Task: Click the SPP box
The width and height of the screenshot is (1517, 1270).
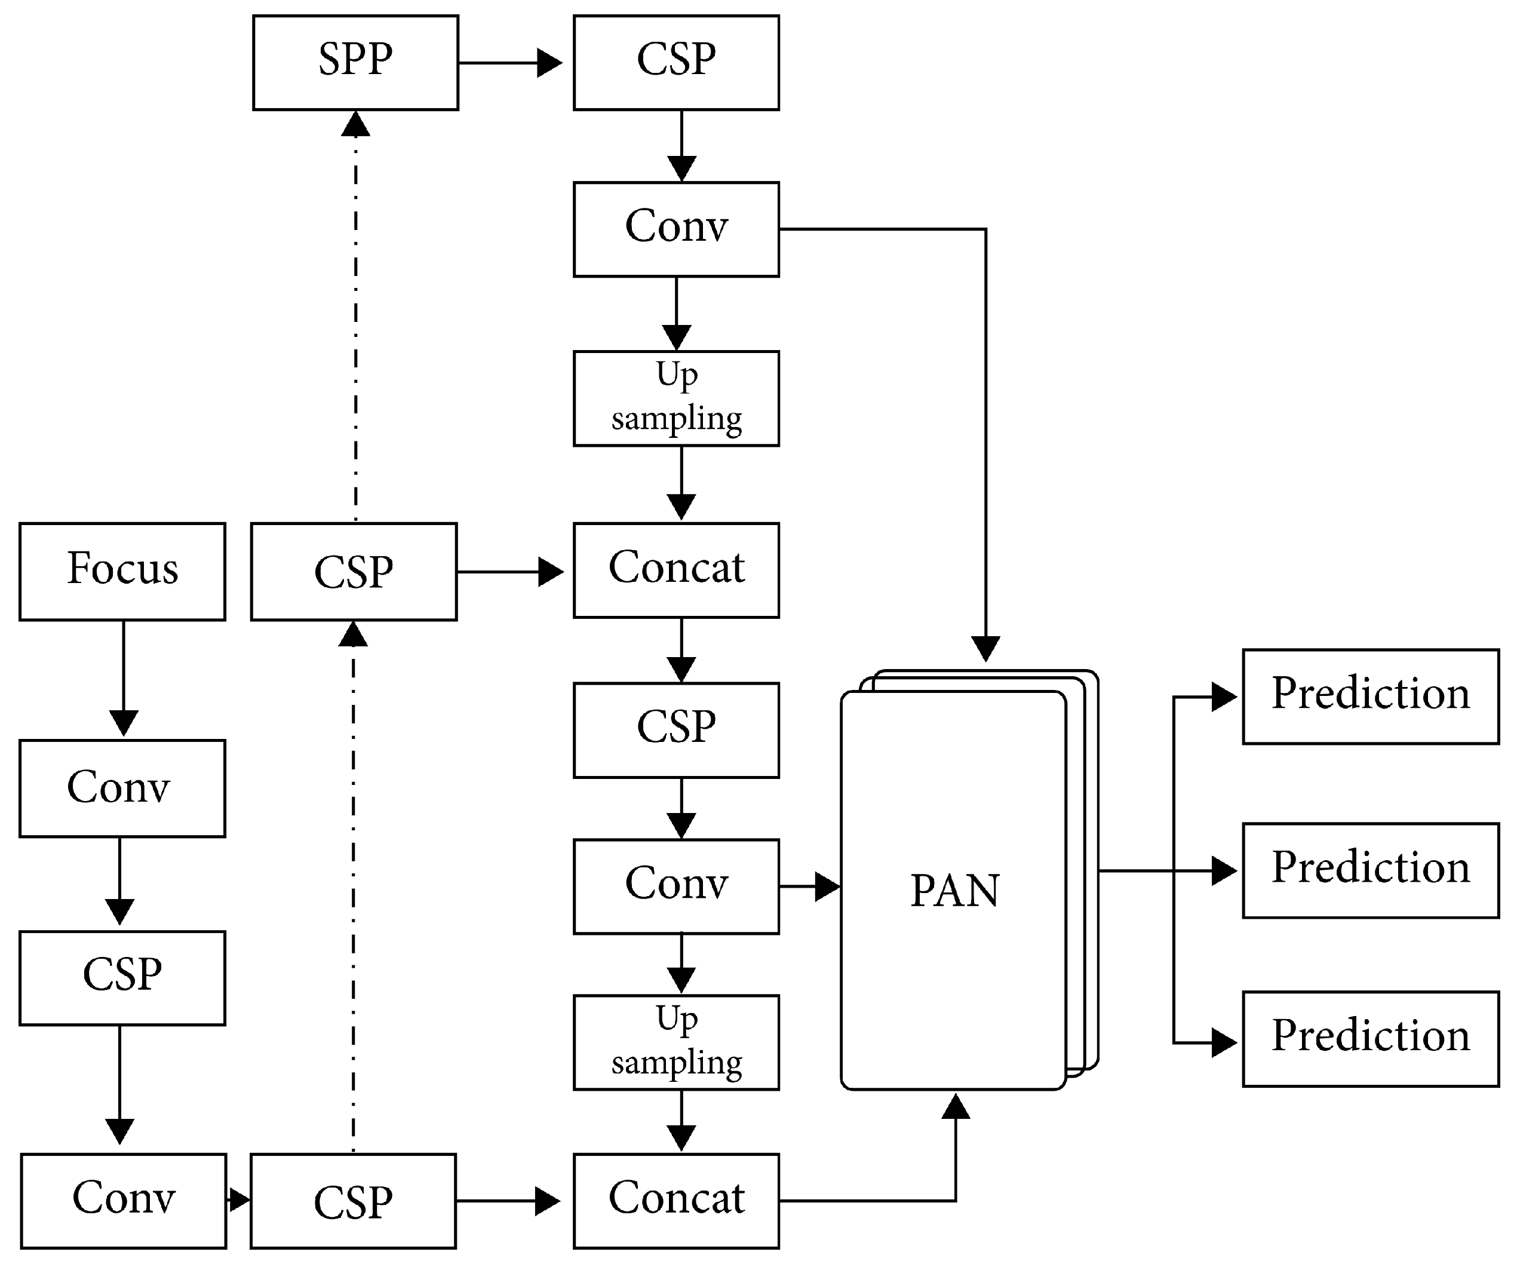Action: tap(355, 63)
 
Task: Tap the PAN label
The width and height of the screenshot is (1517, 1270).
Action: tap(954, 890)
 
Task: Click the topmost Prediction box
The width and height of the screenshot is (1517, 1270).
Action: tap(1370, 697)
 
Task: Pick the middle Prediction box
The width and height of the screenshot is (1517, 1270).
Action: tap(1370, 870)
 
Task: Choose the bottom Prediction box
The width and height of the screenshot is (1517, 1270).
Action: tap(1370, 1039)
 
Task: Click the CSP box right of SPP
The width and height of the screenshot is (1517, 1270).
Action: tap(676, 63)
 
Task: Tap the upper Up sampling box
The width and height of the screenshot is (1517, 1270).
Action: tap(676, 398)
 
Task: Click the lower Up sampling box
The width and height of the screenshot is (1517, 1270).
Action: tap(676, 1042)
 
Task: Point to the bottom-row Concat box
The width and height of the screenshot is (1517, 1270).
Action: tap(676, 1201)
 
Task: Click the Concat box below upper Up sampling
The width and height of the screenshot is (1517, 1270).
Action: tap(676, 570)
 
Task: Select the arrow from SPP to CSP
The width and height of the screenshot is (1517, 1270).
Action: tap(509, 63)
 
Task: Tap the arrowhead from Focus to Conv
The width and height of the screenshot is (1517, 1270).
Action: tap(124, 722)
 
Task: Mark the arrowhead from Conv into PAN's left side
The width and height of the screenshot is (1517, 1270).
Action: tap(827, 886)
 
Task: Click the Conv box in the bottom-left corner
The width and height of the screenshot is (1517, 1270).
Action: tap(124, 1201)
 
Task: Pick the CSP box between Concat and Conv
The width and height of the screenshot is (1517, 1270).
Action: tap(676, 729)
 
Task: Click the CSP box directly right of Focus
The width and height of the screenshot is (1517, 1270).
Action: tap(354, 572)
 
